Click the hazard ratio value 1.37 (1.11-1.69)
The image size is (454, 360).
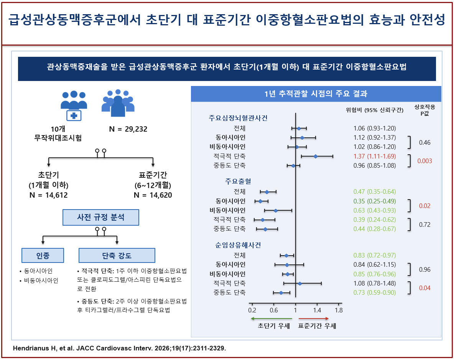[374, 156]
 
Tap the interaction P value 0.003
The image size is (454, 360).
[424, 161]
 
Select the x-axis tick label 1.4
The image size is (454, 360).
[317, 310]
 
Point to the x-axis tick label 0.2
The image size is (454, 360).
[252, 310]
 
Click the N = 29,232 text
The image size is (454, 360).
[128, 129]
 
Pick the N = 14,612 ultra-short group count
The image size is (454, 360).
[49, 195]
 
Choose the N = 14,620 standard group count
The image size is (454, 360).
[153, 195]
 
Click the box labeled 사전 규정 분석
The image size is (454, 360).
[101, 217]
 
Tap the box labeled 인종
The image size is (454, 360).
[43, 255]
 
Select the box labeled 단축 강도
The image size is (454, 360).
[117, 255]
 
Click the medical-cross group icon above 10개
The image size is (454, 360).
[74, 106]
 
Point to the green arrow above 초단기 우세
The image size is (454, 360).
[271, 319]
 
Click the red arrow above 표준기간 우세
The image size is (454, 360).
[314, 319]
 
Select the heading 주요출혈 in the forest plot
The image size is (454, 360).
[238, 182]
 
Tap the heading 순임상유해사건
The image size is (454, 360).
[238, 245]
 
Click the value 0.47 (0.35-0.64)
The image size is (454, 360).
[374, 192]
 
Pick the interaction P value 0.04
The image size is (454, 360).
[424, 288]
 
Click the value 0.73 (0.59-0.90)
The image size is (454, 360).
[374, 292]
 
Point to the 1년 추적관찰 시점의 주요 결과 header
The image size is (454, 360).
[316, 94]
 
